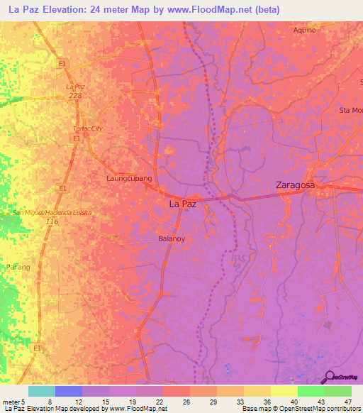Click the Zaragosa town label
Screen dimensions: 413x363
point(295,185)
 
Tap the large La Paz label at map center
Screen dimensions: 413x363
point(182,203)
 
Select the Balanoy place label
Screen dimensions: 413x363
point(172,239)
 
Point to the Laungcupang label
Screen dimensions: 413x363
point(129,179)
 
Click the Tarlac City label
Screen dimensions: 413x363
point(89,128)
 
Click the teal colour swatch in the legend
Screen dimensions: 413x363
point(42,391)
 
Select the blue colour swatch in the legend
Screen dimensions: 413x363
point(69,391)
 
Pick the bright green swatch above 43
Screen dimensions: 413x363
point(311,391)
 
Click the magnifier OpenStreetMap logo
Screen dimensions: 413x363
point(329,377)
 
